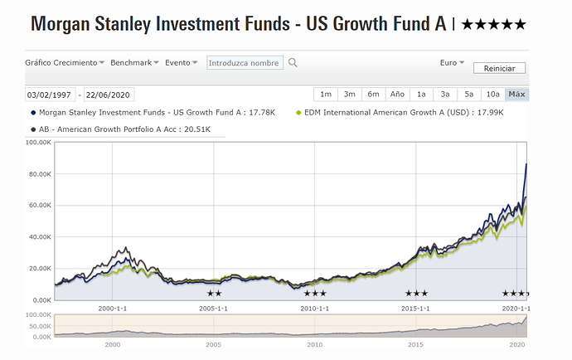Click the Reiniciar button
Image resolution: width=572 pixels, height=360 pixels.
(x=499, y=68)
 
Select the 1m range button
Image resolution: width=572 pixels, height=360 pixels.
(x=326, y=94)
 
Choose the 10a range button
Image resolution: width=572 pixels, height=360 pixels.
(x=492, y=94)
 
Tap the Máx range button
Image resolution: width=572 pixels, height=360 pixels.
(x=516, y=94)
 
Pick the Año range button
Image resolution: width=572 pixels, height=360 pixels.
(x=397, y=94)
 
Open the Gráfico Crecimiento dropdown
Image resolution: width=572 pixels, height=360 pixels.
(x=65, y=62)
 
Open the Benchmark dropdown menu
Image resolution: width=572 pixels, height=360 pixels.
(x=133, y=62)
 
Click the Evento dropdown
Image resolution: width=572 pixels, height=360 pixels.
(x=181, y=62)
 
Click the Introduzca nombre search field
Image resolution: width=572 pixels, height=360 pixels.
(x=244, y=62)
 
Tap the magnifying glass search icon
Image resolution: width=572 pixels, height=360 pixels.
(x=293, y=62)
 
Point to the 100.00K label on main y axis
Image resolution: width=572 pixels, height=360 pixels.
(x=37, y=143)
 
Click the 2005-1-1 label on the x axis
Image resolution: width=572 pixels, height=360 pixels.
(x=214, y=309)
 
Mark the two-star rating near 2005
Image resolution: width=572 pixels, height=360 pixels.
(x=214, y=294)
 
